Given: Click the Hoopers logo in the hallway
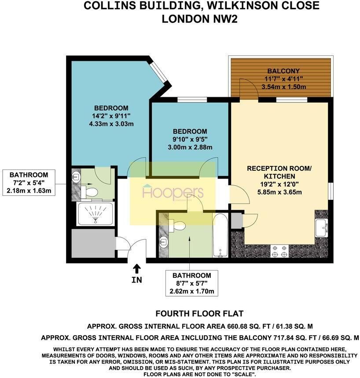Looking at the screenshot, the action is (173, 192).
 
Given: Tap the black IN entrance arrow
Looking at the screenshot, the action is (137, 269).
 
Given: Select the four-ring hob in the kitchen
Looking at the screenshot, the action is (280, 251).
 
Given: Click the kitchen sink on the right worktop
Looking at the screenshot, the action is (322, 228).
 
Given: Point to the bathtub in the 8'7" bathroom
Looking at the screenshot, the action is (220, 235).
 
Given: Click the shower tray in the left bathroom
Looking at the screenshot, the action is (95, 213).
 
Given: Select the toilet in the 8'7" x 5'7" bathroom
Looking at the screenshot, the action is (177, 225).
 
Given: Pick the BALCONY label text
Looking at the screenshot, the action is (283, 71).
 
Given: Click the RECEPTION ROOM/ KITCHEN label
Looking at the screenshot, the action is (279, 172).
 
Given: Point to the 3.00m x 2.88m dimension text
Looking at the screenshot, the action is (190, 147).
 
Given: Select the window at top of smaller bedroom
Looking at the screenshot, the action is (192, 99).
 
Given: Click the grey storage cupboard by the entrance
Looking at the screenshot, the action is (94, 243).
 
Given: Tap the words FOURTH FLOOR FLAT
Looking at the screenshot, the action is (199, 314).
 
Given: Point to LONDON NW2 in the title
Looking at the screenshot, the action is (199, 19).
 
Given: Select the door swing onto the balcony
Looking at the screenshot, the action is (248, 88).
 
